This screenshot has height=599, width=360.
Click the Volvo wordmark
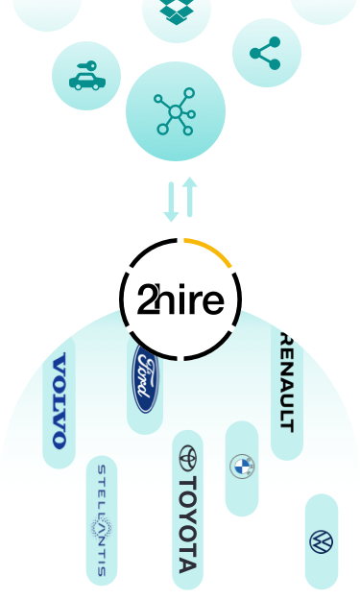click(60, 400)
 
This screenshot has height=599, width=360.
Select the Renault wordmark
click(286, 383)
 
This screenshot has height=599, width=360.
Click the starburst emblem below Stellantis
click(101, 530)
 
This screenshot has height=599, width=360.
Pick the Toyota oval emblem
click(186, 457)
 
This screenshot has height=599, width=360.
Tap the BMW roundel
click(242, 467)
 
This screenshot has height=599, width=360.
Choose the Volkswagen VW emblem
click(321, 541)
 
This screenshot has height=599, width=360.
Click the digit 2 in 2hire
click(146, 300)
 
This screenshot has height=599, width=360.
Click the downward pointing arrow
click(171, 202)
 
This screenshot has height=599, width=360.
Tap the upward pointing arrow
click(189, 196)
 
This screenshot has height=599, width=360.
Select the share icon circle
click(266, 54)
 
